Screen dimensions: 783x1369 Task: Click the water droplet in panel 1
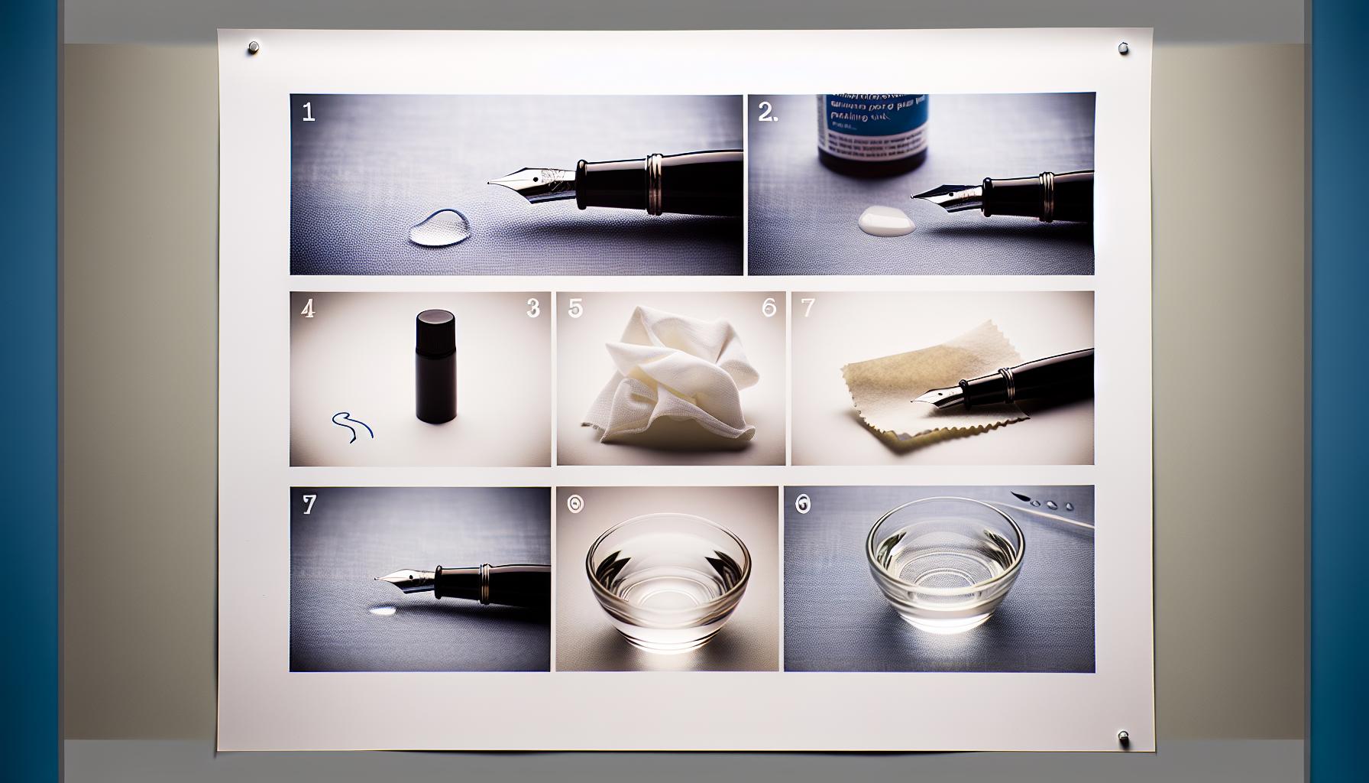pos(440,228)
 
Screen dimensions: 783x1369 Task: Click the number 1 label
pos(308,113)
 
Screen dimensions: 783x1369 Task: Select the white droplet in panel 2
pos(885,222)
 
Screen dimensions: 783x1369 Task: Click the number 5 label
pos(574,308)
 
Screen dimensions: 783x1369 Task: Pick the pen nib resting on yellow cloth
pos(937,395)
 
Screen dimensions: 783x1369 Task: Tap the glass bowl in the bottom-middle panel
pos(668,579)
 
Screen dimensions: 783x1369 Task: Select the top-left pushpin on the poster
pos(253,49)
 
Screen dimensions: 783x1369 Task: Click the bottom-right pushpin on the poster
pos(1122,738)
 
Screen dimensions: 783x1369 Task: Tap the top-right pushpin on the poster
pos(1122,48)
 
